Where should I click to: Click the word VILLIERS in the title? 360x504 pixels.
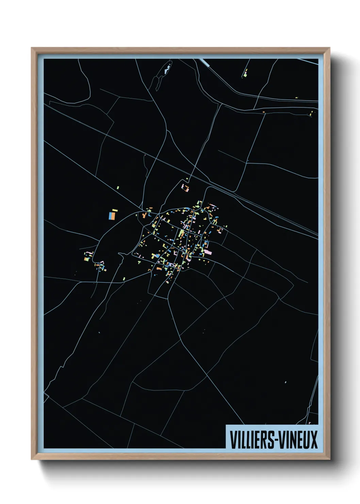coord(252,440)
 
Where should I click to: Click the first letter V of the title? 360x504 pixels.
coord(233,440)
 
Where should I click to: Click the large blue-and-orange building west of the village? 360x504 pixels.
coord(112,216)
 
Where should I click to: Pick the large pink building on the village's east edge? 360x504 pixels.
coord(208,252)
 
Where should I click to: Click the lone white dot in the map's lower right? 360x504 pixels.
coord(285,382)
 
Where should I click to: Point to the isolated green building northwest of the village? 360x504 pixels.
coord(118,188)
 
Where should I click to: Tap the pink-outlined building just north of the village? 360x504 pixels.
coord(185,188)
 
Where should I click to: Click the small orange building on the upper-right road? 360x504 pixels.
coord(263,112)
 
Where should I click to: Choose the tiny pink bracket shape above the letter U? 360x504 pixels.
coord(310,423)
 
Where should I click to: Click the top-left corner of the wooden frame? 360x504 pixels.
coord(32,48)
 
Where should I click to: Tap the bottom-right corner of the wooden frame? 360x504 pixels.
coord(329,459)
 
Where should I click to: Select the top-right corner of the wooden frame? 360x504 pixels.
coord(329,48)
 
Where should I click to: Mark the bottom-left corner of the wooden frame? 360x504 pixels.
coord(32,459)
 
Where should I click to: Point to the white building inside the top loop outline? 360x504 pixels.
coord(166,71)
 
